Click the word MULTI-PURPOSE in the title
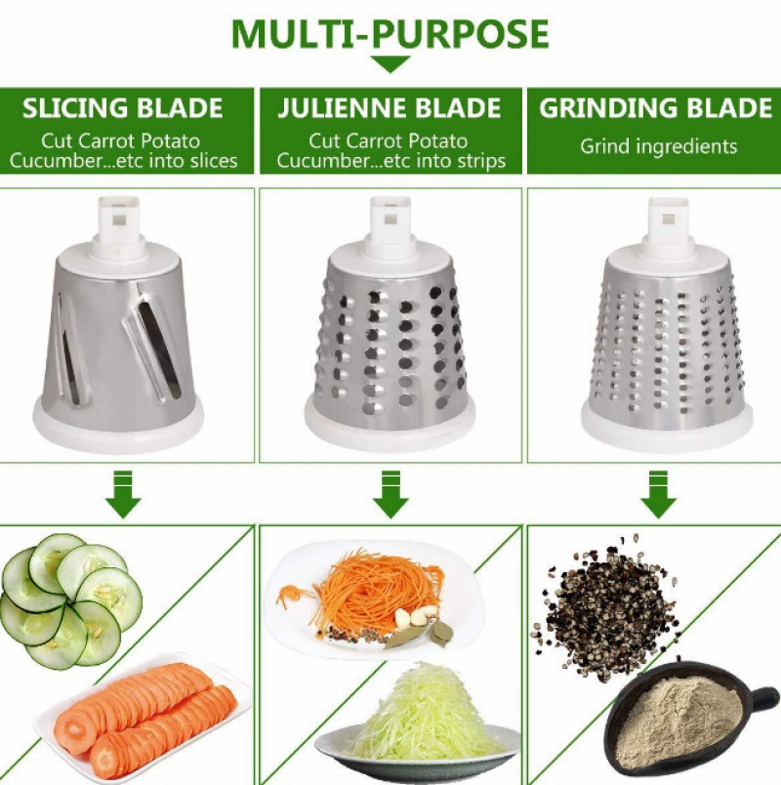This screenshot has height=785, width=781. coord(390,33)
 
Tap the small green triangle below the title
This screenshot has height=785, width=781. coord(390,63)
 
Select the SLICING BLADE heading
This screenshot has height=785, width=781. coord(123,108)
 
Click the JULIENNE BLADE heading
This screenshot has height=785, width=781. coord(390,108)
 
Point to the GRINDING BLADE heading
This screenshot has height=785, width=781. coord(655,108)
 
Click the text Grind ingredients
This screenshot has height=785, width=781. coord(658,146)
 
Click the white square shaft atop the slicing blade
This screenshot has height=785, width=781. coord(118,221)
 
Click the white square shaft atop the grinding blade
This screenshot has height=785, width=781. coord(669,222)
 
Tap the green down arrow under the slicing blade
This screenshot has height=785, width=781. coord(123,494)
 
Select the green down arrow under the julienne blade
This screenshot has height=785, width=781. coord(390,494)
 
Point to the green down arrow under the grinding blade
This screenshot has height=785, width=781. coord(658,494)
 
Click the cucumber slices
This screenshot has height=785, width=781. coord(70,600)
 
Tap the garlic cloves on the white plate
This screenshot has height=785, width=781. coord(416,615)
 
